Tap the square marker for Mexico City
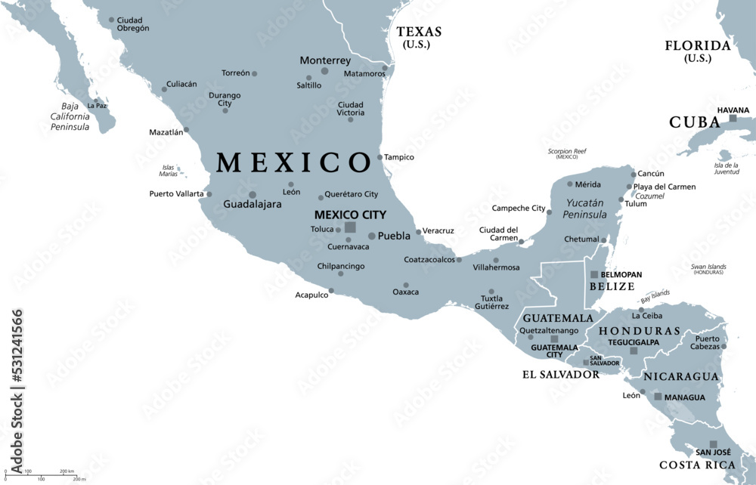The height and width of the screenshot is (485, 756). click(350, 227)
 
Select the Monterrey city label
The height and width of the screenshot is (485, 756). click(325, 60)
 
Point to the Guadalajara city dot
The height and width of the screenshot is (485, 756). click(253, 194)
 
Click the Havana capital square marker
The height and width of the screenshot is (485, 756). click(733, 119)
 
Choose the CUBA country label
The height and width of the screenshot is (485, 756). click(694, 122)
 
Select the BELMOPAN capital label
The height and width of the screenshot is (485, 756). click(621, 275)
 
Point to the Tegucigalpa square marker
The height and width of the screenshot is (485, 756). click(634, 351)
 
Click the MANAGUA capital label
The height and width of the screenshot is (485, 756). click(684, 397)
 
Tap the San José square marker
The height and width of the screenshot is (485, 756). click(713, 445)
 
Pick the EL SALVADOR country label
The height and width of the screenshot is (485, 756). click(561, 374)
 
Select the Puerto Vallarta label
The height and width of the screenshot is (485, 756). click(176, 194)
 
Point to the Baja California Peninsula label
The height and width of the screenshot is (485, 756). click(70, 116)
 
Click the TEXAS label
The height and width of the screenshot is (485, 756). click(419, 32)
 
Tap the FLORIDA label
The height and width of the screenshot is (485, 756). click(698, 45)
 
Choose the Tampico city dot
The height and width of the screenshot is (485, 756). click(380, 157)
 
